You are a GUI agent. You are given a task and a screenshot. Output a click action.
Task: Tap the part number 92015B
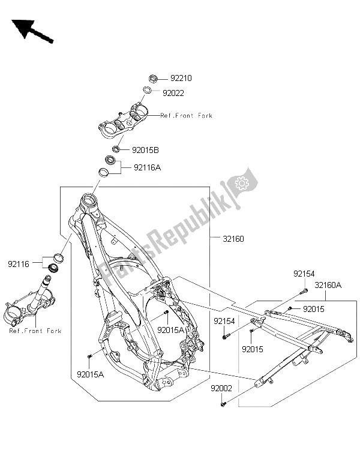click(x=146, y=149)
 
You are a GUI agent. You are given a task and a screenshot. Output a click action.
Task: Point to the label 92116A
click(x=146, y=169)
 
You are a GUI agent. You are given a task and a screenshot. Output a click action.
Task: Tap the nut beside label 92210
click(x=152, y=78)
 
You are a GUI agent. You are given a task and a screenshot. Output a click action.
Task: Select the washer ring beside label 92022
click(x=146, y=91)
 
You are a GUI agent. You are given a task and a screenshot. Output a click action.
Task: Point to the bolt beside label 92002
click(x=223, y=406)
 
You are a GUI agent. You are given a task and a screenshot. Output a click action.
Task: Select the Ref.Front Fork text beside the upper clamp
click(x=187, y=115)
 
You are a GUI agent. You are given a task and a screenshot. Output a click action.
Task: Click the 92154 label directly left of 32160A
click(x=303, y=274)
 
